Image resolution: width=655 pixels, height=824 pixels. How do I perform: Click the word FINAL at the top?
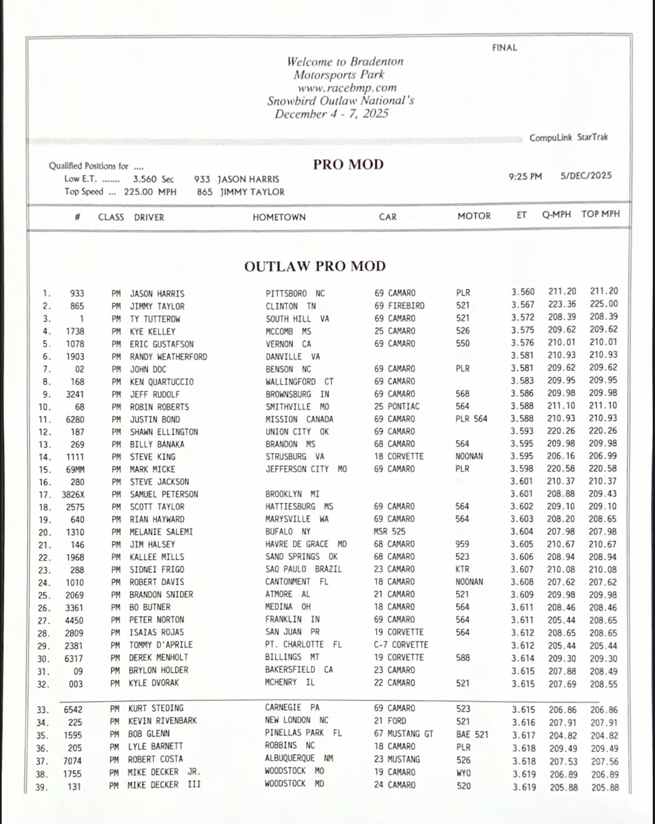coord(504,48)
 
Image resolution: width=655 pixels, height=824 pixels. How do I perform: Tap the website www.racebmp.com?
coord(347,88)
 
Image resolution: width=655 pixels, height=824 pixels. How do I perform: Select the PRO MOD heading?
coord(348,165)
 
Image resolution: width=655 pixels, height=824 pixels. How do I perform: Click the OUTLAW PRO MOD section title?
coord(315,266)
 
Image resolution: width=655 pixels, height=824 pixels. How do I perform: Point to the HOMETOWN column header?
coord(279,217)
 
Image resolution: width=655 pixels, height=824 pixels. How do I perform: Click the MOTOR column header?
coord(474,216)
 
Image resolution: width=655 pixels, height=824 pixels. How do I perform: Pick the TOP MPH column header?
coord(600,214)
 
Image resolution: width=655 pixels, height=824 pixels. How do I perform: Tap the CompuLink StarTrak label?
coord(568,137)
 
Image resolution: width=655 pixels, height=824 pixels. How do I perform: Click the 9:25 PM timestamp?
coord(525,176)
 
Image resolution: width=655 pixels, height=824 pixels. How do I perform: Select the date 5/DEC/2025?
coord(586,175)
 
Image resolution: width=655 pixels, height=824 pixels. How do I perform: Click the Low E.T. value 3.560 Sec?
coord(153,180)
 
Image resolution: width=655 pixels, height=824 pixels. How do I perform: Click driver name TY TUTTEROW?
coord(155,319)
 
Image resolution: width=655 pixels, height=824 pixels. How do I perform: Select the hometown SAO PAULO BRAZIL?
coord(303,569)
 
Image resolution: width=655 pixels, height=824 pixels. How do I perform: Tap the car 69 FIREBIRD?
coord(399,306)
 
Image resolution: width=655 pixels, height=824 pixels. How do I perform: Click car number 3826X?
coord(73,495)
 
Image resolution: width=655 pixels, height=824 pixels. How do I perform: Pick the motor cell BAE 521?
coord(472,734)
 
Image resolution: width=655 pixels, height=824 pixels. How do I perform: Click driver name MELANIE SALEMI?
coord(161,532)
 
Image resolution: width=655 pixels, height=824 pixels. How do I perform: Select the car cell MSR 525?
coord(390,531)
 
